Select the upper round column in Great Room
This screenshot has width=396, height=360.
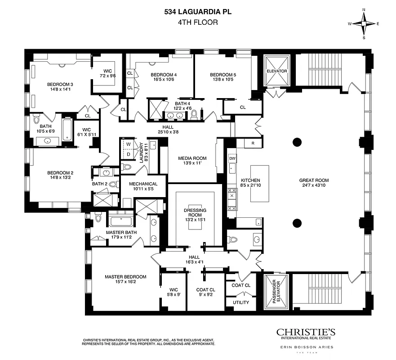(297, 143)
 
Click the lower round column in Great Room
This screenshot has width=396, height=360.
(297, 222)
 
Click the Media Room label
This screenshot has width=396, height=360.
(192, 158)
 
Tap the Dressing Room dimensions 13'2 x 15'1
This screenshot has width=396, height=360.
(195, 220)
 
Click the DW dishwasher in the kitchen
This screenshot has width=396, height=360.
(232, 158)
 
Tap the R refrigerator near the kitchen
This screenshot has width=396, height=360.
(253, 143)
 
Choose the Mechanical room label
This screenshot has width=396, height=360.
(143, 184)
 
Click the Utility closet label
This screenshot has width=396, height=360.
(240, 302)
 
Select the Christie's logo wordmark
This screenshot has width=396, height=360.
(305, 332)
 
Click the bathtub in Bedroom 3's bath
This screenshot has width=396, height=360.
(67, 129)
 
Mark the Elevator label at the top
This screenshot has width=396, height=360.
(276, 71)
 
